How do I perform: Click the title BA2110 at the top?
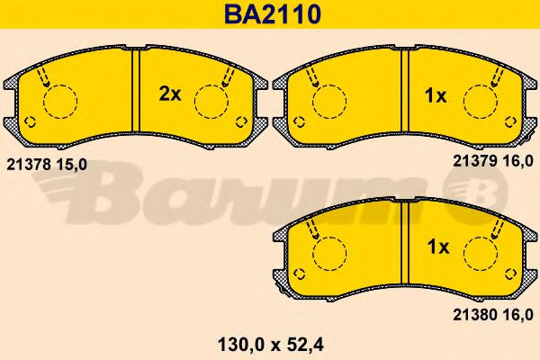pos(270,14)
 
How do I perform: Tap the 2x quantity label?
pos(170,94)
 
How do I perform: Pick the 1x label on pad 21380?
pos(436,246)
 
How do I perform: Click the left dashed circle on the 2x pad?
pos(61,101)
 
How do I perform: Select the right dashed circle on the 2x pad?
pos(211,101)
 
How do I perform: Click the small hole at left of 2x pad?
pos(29,123)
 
